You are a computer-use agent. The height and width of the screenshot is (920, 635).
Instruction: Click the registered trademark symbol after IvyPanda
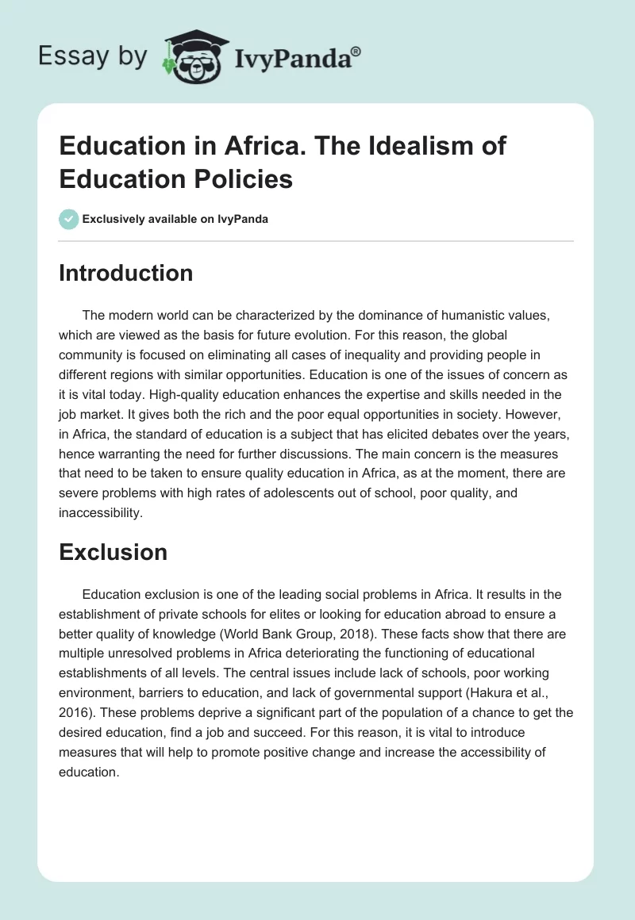pyautogui.click(x=356, y=52)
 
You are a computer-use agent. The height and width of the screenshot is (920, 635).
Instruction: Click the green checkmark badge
pyautogui.click(x=69, y=219)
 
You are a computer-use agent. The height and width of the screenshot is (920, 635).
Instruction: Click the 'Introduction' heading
pyautogui.click(x=125, y=273)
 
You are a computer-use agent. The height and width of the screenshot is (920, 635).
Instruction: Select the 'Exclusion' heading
pyautogui.click(x=113, y=551)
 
